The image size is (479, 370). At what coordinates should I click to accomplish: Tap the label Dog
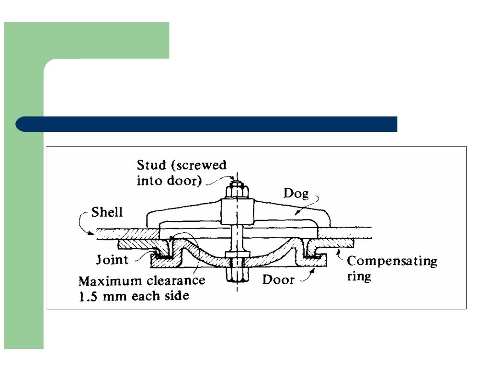[296, 194]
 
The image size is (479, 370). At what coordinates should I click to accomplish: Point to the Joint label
[112, 260]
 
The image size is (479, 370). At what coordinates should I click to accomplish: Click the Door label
[278, 279]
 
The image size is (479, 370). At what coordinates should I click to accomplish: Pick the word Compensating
[392, 262]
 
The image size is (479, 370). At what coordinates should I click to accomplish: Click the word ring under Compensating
[359, 277]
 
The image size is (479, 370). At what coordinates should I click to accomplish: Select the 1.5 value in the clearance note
[88, 295]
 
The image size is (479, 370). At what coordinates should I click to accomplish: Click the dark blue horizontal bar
[206, 124]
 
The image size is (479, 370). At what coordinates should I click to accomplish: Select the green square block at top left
[86, 40]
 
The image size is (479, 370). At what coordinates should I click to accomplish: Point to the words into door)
[168, 181]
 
